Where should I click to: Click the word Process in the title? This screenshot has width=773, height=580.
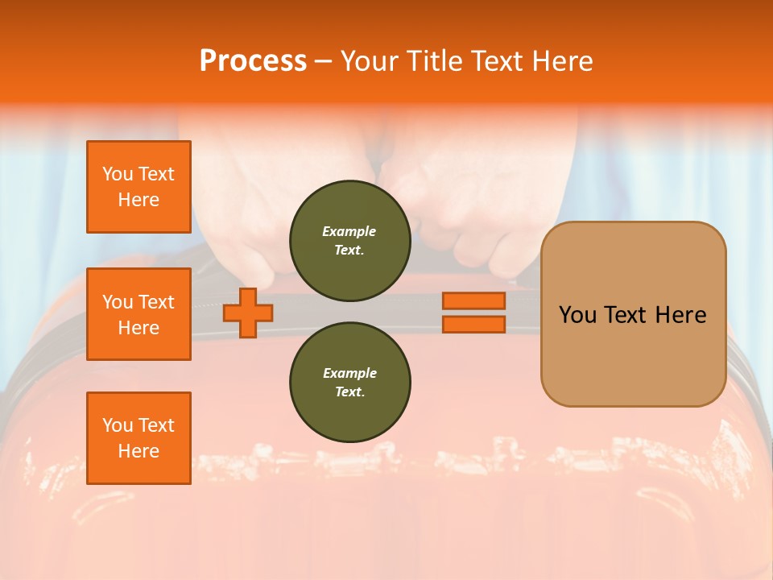click(253, 61)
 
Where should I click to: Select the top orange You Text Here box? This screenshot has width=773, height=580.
click(138, 187)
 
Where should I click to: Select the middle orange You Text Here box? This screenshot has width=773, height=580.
click(138, 314)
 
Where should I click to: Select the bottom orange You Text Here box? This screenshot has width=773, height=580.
click(138, 438)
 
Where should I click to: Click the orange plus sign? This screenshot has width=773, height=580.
click(248, 313)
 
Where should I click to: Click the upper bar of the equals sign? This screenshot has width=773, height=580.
click(473, 300)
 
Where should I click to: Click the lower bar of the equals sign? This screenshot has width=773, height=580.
click(473, 325)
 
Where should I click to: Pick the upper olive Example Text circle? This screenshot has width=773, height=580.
click(349, 241)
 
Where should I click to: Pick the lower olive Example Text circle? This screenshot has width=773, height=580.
click(349, 383)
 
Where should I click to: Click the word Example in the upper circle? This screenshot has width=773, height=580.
click(349, 231)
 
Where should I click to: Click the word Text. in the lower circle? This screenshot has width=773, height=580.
click(349, 392)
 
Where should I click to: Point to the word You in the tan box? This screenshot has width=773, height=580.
click(577, 315)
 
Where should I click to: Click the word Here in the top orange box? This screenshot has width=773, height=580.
click(138, 200)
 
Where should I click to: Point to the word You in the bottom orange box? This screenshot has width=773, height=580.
click(118, 425)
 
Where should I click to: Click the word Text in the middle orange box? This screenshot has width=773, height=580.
click(156, 302)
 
